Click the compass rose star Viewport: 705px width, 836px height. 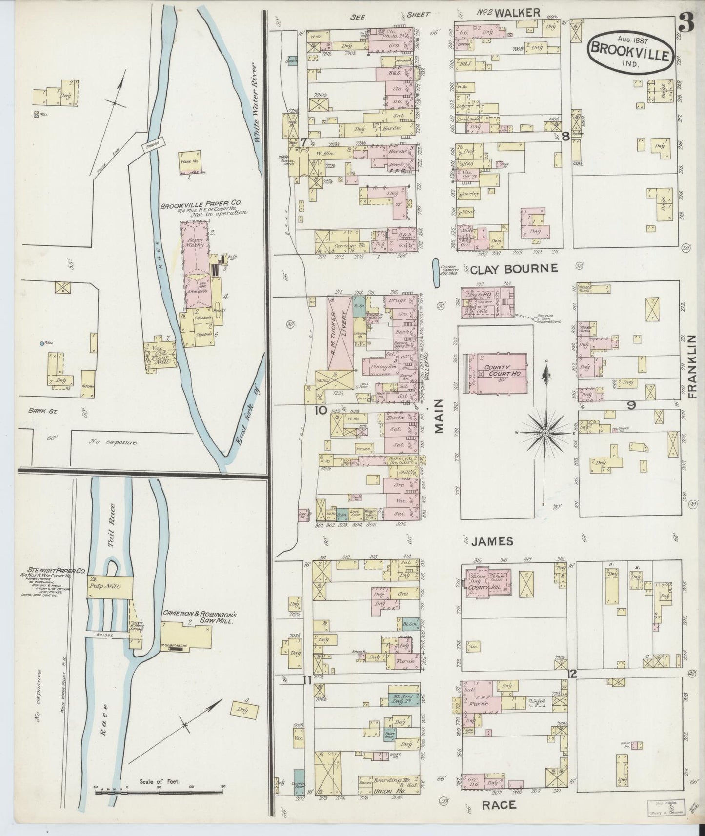tap(545, 432)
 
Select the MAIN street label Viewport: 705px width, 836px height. tap(440, 416)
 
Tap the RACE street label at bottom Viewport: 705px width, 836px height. tap(499, 805)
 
